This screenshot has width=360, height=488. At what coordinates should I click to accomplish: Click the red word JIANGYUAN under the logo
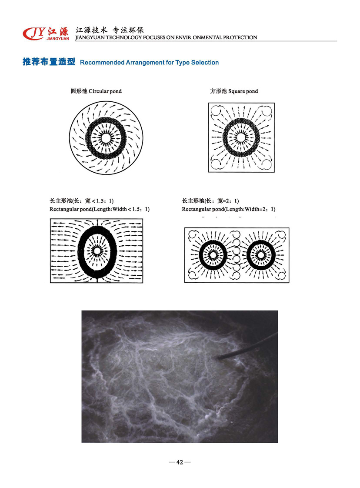[58, 39]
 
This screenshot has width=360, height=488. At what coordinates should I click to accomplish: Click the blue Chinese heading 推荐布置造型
[49, 62]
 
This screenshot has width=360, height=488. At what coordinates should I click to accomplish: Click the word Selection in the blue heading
[205, 63]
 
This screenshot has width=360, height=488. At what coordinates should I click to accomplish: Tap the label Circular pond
[105, 91]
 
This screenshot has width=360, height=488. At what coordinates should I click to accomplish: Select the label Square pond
[243, 91]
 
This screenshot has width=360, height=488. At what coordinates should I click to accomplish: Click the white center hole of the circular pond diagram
[106, 138]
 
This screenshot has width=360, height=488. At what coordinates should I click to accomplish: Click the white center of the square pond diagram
[241, 137]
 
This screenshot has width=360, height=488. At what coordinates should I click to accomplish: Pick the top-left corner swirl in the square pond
[216, 110]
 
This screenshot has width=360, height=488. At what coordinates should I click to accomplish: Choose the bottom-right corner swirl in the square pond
[267, 164]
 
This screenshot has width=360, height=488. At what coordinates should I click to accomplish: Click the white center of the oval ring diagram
[97, 251]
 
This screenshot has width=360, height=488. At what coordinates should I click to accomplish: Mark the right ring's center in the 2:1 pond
[261, 255]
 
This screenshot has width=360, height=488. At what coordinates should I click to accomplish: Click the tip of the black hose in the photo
[218, 358]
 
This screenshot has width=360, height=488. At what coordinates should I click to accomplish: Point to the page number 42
[180, 462]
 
